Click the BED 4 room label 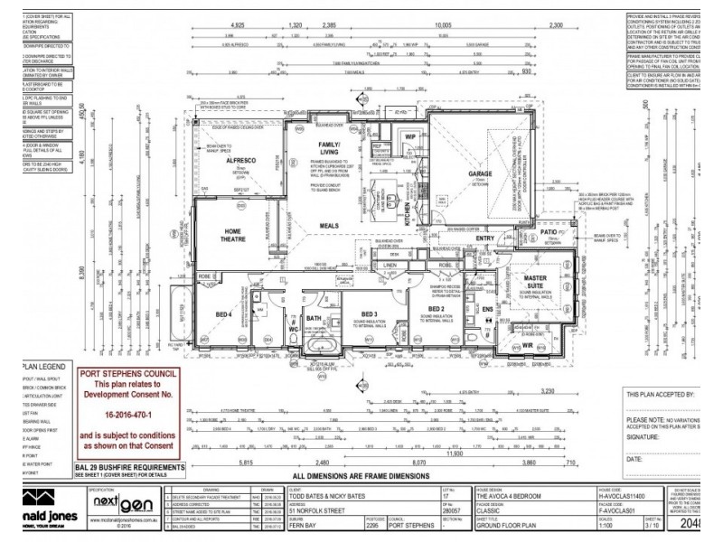click(x=222, y=313)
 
